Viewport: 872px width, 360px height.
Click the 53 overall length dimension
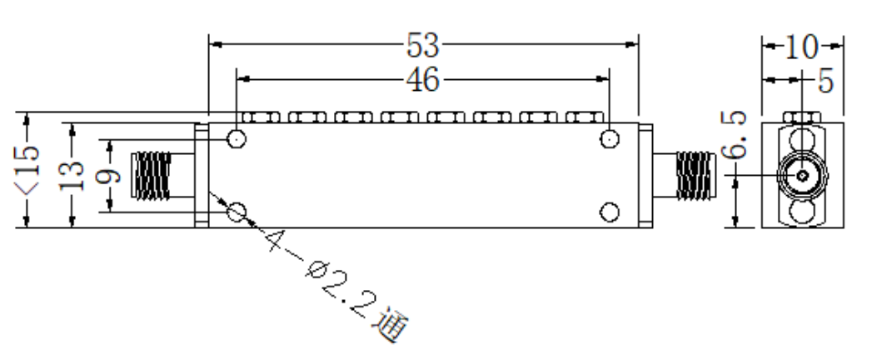(422, 46)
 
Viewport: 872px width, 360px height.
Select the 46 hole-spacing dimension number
(422, 80)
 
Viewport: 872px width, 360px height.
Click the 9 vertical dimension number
(110, 175)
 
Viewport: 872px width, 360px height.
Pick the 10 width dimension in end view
(801, 47)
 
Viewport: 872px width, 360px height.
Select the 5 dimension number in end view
(826, 82)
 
